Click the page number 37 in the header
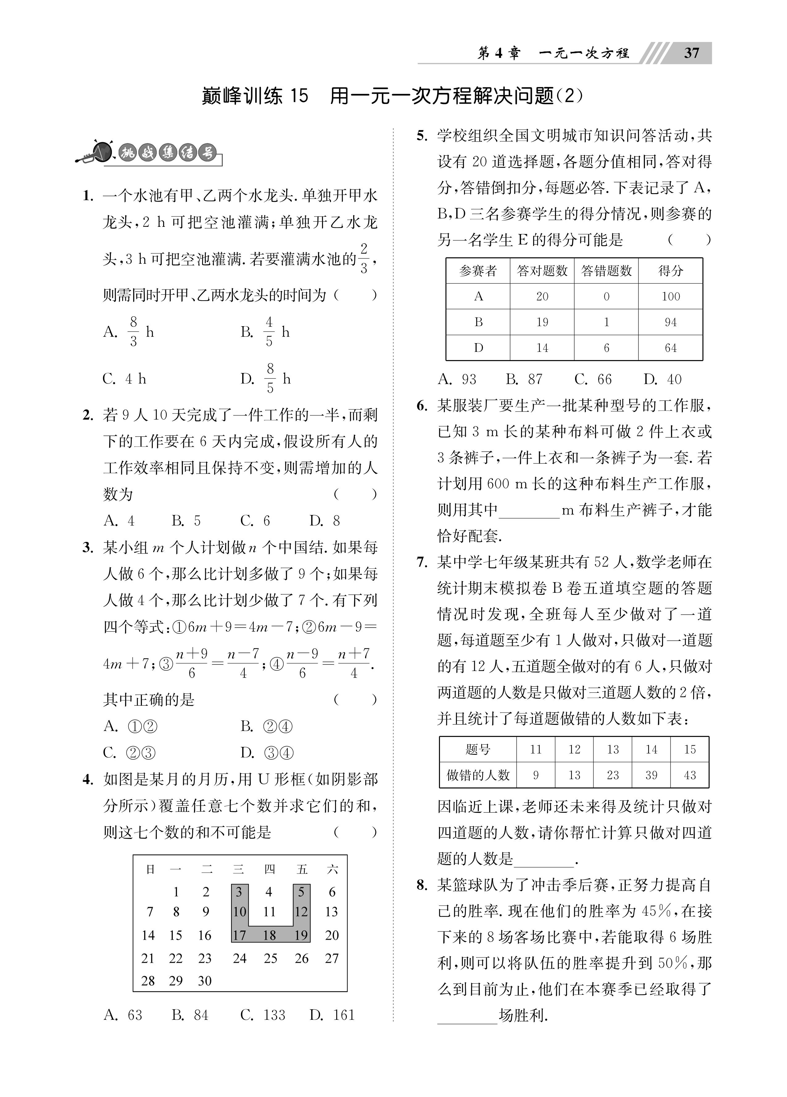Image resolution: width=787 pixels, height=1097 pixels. pos(691,53)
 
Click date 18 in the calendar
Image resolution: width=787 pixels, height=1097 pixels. pos(269,935)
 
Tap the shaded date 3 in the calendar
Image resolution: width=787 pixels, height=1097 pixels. pos(239,892)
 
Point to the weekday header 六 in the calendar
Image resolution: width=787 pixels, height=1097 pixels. pos(332,870)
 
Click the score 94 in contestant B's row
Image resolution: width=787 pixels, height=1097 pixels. pos(670,322)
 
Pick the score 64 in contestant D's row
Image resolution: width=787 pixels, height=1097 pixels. pos(670,348)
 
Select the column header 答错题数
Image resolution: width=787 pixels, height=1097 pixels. pos(606,271)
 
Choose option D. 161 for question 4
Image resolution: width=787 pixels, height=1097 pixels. pos(332,1015)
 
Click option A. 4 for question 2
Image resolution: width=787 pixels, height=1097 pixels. pos(119,521)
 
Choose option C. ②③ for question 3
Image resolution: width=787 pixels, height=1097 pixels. pos(130,753)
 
